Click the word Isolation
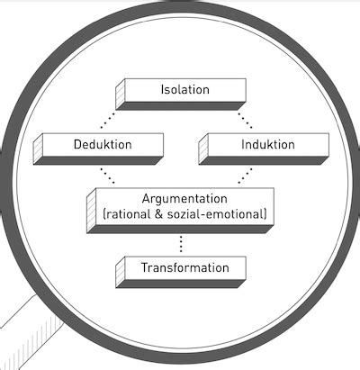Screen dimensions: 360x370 (184, 89)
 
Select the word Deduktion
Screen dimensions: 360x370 (103, 144)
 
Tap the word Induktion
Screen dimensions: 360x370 (268, 144)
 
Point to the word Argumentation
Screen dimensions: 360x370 (184, 199)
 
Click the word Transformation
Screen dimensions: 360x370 (185, 267)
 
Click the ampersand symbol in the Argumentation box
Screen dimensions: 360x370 (159, 214)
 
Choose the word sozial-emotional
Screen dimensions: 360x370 (215, 214)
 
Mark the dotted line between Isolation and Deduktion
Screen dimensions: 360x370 (108, 121)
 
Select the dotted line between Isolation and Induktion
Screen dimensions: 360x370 (245, 121)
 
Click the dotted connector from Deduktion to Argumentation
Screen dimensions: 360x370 (107, 176)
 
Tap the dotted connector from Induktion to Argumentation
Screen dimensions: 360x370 (245, 176)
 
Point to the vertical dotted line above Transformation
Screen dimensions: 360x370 (181, 244)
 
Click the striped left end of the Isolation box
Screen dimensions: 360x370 (120, 94)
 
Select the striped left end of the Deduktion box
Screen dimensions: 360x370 (38, 149)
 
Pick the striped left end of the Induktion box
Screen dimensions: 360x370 (203, 149)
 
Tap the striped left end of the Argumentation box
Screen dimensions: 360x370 (91, 211)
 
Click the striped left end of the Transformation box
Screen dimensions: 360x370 (120, 272)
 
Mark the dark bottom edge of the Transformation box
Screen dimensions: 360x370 (181, 284)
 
